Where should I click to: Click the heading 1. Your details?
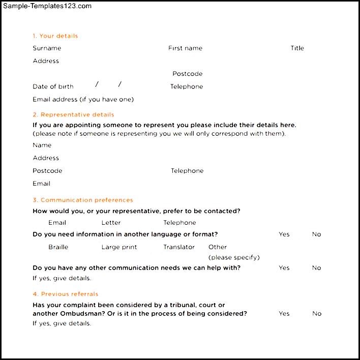pyautogui.click(x=55, y=36)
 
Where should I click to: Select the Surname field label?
pyautogui.click(x=47, y=48)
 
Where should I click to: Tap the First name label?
pyautogui.click(x=185, y=48)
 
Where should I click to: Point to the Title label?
pyautogui.click(x=297, y=48)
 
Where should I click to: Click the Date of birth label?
pyautogui.click(x=53, y=86)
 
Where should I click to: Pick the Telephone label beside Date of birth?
pyautogui.click(x=187, y=86)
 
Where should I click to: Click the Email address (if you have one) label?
pyautogui.click(x=83, y=99)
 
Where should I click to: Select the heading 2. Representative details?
pyautogui.click(x=73, y=114)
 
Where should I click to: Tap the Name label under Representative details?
pyautogui.click(x=42, y=145)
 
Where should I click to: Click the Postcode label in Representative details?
pyautogui.click(x=47, y=171)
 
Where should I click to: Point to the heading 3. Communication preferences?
pyautogui.click(x=83, y=200)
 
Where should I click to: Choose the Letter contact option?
pyautogui.click(x=111, y=223)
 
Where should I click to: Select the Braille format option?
pyautogui.click(x=58, y=247)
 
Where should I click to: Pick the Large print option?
pyautogui.click(x=119, y=247)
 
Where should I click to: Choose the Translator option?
pyautogui.click(x=179, y=247)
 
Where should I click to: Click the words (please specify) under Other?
pyautogui.click(x=234, y=257)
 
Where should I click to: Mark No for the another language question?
pyautogui.click(x=316, y=234)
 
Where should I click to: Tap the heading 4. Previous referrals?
pyautogui.click(x=66, y=294)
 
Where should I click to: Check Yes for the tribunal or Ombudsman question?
pyautogui.click(x=284, y=314)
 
